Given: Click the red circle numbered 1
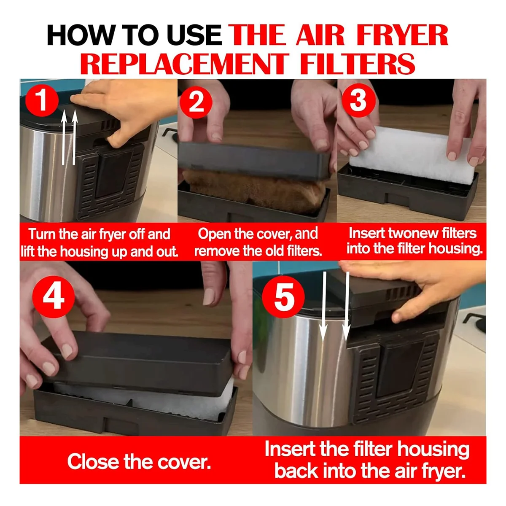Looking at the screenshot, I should click(x=42, y=102).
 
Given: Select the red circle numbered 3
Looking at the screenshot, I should click(x=358, y=101).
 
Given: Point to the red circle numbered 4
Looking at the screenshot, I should click(x=53, y=295).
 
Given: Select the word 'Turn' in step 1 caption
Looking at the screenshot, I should click(x=40, y=234).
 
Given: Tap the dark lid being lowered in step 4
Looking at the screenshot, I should click(x=139, y=361).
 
